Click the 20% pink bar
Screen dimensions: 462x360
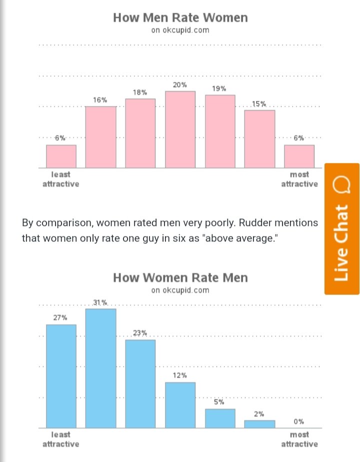point(180,129)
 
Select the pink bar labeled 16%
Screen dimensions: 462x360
point(100,137)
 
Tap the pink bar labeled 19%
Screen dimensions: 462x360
point(220,131)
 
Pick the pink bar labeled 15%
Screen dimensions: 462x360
point(259,139)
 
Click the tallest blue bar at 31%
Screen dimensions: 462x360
point(100,368)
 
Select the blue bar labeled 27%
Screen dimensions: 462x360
point(61,376)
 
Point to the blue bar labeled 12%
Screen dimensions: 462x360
point(180,405)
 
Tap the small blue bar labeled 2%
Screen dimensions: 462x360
point(259,424)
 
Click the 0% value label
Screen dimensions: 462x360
point(299,422)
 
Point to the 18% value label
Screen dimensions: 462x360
point(140,92)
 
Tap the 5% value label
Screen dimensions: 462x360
point(219,402)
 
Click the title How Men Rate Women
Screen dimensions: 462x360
point(180,18)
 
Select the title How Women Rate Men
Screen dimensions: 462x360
point(180,277)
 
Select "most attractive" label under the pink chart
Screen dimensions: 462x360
point(299,179)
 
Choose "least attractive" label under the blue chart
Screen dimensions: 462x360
point(61,439)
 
